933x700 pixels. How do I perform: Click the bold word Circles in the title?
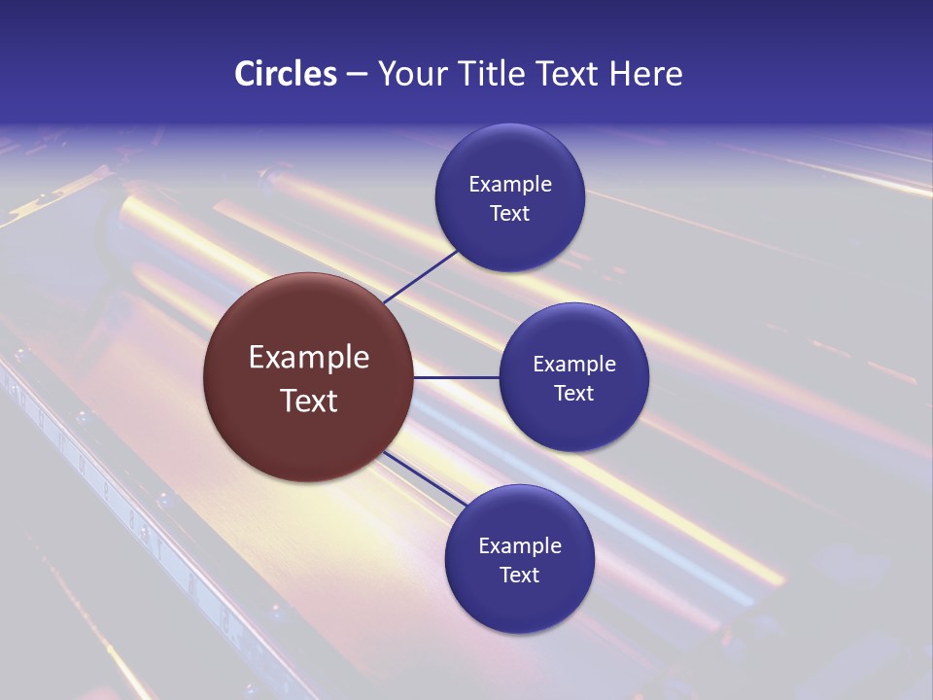click(285, 74)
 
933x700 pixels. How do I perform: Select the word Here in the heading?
click(646, 74)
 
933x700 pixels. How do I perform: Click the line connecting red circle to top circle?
click(421, 276)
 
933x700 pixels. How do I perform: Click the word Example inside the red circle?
click(309, 358)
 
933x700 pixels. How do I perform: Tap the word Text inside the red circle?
click(309, 401)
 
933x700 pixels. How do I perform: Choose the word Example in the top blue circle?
click(510, 185)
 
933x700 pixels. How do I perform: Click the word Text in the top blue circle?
click(510, 213)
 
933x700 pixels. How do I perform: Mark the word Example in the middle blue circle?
click(574, 365)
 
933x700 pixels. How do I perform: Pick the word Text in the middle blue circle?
click(574, 393)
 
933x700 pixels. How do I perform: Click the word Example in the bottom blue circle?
click(520, 546)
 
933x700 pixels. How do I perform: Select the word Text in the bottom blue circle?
click(520, 575)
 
